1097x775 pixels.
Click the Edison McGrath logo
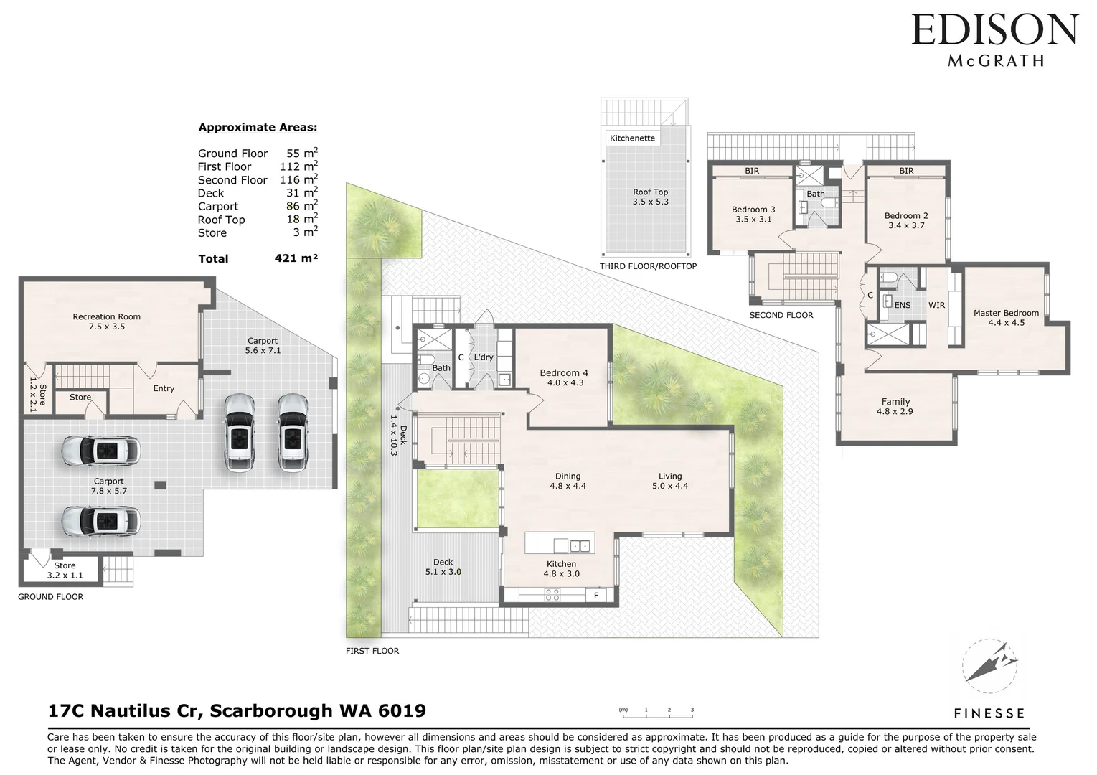pyautogui.click(x=995, y=39)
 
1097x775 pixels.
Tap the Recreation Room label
pyautogui.click(x=106, y=316)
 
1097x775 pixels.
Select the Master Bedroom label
pyautogui.click(x=1006, y=313)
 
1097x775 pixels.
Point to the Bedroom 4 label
pyautogui.click(x=564, y=372)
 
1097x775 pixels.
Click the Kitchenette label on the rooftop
pyautogui.click(x=632, y=138)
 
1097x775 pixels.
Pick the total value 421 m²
pyautogui.click(x=296, y=258)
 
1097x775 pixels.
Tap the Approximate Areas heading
pyautogui.click(x=258, y=128)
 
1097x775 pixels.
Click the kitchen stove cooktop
pyautogui.click(x=552, y=595)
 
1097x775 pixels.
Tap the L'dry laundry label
pyautogui.click(x=483, y=357)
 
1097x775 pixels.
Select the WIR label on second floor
pyautogui.click(x=936, y=305)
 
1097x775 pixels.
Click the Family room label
pyautogui.click(x=895, y=402)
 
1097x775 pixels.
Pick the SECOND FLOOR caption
pyautogui.click(x=781, y=315)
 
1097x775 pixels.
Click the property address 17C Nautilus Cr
pyautogui.click(x=237, y=710)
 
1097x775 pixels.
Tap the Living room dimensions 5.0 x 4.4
pyautogui.click(x=670, y=486)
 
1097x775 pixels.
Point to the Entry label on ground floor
pyautogui.click(x=164, y=388)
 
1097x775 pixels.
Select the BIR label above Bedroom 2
pyautogui.click(x=906, y=171)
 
